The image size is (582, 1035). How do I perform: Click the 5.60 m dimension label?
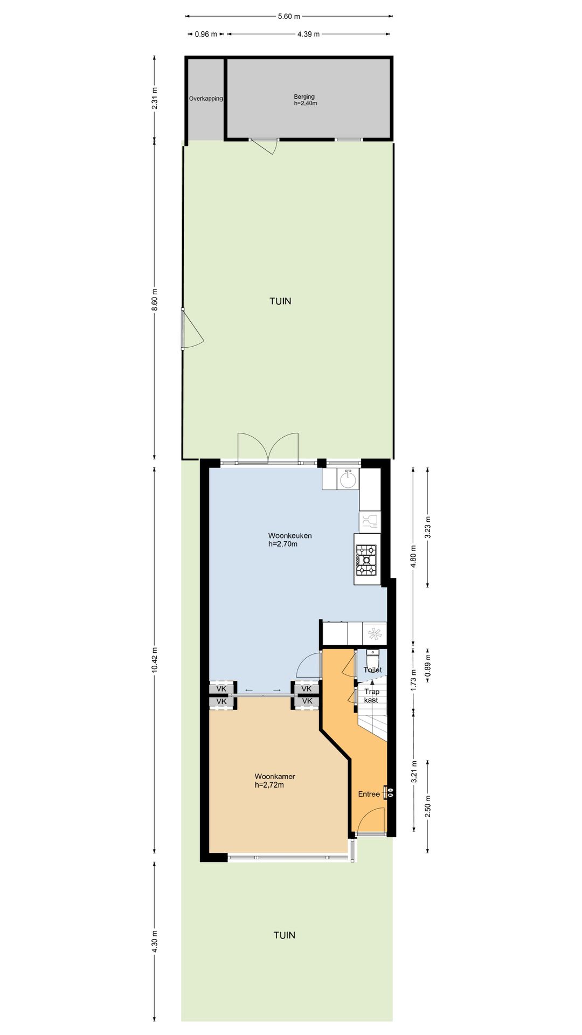[x=289, y=16]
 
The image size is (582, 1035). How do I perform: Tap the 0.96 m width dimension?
[x=206, y=34]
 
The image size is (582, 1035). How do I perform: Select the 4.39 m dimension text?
[x=308, y=34]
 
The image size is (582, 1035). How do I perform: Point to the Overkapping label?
[x=206, y=99]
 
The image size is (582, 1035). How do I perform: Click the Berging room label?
[x=305, y=100]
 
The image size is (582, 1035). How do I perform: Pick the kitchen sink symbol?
[x=348, y=479]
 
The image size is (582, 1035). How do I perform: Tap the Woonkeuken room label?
[x=290, y=540]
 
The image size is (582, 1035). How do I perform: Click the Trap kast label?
[x=372, y=696]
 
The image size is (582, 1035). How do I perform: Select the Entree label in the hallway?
[x=369, y=794]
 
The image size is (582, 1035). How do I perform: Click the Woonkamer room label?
[x=275, y=781]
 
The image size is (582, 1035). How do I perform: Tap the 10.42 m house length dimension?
[x=155, y=659]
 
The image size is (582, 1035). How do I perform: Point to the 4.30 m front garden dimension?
[x=155, y=942]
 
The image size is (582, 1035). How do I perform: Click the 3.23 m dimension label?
[x=428, y=528]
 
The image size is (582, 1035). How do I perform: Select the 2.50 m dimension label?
[x=428, y=806]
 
